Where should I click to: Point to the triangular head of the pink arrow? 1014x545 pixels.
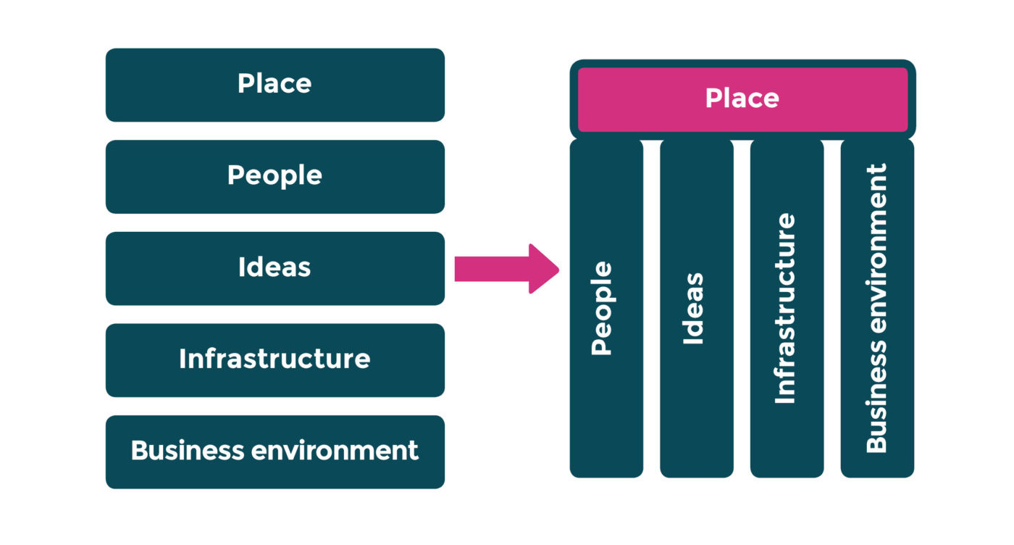click(543, 269)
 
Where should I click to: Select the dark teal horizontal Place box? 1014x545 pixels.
click(275, 85)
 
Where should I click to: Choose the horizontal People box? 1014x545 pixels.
click(275, 176)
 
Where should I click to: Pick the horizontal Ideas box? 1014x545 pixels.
click(275, 268)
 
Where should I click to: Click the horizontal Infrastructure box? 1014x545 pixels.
click(275, 360)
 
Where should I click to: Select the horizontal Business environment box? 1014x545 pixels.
click(275, 452)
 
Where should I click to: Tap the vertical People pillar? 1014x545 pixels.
click(606, 308)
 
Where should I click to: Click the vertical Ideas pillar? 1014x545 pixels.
click(696, 308)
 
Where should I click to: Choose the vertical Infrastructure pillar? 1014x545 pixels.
click(787, 308)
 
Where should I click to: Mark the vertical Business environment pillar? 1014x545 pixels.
click(877, 308)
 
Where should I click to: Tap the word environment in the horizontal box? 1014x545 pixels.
click(335, 451)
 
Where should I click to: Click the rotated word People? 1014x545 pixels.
click(602, 309)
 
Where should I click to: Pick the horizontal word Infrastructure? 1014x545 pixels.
click(275, 359)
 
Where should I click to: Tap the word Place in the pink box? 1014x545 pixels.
click(742, 99)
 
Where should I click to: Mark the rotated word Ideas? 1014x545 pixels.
click(693, 309)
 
